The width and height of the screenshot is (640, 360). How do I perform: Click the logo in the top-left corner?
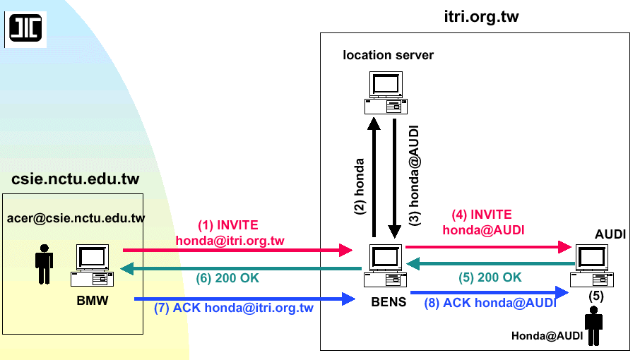click(25, 28)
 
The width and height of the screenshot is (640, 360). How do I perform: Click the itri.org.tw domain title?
click(476, 17)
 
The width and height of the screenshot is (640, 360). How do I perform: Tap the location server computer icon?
click(385, 93)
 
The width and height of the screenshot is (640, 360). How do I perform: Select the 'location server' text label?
click(388, 55)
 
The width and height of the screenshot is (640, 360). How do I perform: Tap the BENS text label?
click(389, 303)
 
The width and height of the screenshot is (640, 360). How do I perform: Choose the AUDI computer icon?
click(592, 265)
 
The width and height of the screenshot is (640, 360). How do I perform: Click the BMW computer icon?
click(91, 265)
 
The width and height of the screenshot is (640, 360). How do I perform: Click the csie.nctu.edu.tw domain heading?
click(75, 179)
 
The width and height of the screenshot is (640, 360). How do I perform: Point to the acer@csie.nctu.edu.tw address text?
click(76, 218)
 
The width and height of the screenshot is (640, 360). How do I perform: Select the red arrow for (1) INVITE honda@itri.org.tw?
click(237, 250)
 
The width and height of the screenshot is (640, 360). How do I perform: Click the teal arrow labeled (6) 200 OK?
click(240, 269)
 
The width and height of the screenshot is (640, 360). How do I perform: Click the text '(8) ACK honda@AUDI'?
click(490, 304)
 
